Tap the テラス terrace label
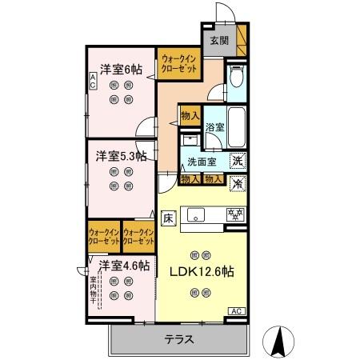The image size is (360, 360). pyautogui.click(x=180, y=338)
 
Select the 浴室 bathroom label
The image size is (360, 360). pyautogui.click(x=215, y=127)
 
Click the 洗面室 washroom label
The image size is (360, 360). pyautogui.click(x=202, y=162)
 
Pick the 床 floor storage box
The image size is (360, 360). pyautogui.click(x=169, y=217)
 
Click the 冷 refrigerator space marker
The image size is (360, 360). pyautogui.click(x=237, y=183)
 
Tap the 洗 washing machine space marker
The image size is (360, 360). pyautogui.click(x=237, y=161)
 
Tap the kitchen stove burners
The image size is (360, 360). pyautogui.click(x=235, y=214)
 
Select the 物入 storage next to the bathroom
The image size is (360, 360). pyautogui.click(x=190, y=115)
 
